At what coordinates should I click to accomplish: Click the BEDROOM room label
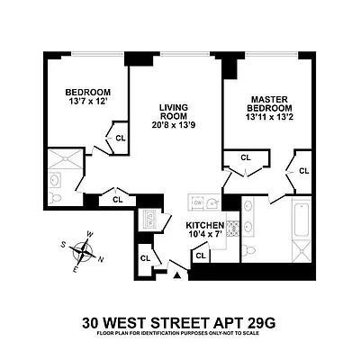tap(87, 93)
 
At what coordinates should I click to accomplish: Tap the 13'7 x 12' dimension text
tap(87, 103)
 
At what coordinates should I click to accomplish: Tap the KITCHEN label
tap(205, 225)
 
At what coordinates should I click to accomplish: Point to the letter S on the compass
tap(62, 244)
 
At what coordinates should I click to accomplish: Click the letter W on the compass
tap(88, 236)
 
